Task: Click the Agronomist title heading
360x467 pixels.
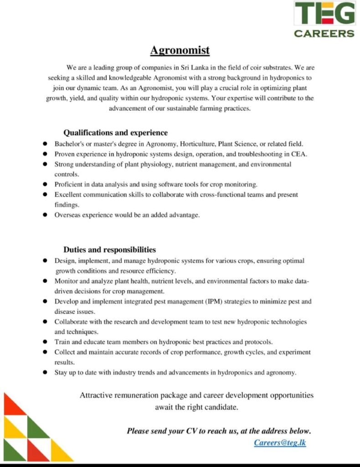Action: click(180, 50)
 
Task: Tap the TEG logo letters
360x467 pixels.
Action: click(324, 14)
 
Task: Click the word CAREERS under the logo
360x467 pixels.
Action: click(324, 33)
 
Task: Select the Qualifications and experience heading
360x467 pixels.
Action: click(115, 133)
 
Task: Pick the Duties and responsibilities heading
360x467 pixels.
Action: click(109, 249)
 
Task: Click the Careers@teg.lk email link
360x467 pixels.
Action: click(280, 442)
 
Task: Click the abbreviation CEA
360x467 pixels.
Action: click(299, 154)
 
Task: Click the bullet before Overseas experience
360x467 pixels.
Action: click(45, 215)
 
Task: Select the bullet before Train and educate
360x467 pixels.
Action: click(45, 342)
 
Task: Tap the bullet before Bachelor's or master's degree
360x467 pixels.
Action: click(45, 144)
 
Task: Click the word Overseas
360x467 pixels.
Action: click(68, 215)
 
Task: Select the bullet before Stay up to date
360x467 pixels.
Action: click(45, 372)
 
